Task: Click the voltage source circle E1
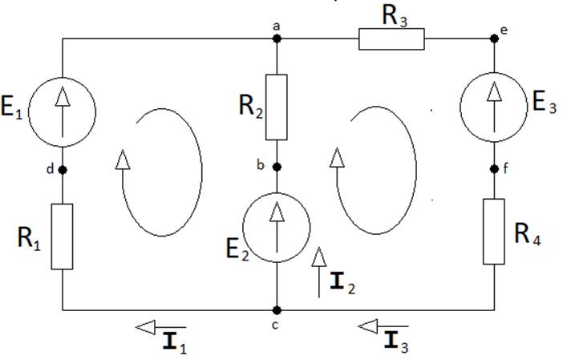point(63,113)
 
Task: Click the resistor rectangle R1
point(63,237)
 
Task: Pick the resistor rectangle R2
point(276,107)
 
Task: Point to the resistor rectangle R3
point(391,38)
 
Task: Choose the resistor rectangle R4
point(494,231)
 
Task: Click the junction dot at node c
point(276,309)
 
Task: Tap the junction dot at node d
point(63,169)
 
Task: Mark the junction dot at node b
point(276,168)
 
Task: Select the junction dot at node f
point(494,169)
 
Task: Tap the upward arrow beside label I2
point(319,273)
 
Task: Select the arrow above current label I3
point(382,326)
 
